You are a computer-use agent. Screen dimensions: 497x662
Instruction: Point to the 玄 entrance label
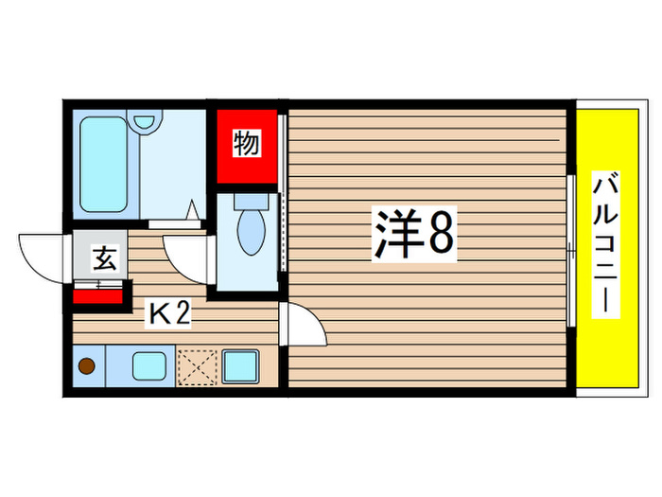(103, 258)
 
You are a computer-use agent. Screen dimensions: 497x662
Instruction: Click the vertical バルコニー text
(602, 244)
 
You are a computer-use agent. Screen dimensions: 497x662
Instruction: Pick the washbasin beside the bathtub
(145, 122)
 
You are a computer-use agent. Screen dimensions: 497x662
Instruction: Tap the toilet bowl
(251, 232)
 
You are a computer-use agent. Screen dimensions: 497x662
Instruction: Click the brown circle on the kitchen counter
(86, 365)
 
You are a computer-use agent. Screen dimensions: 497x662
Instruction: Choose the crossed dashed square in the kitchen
(197, 365)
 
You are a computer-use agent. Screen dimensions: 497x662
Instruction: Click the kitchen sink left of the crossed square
(149, 365)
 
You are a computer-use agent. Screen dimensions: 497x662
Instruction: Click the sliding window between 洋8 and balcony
(571, 250)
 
